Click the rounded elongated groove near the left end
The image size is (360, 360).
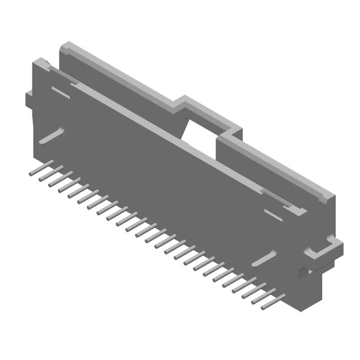tap(52, 136)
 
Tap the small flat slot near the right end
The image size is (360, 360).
tap(273, 215)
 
